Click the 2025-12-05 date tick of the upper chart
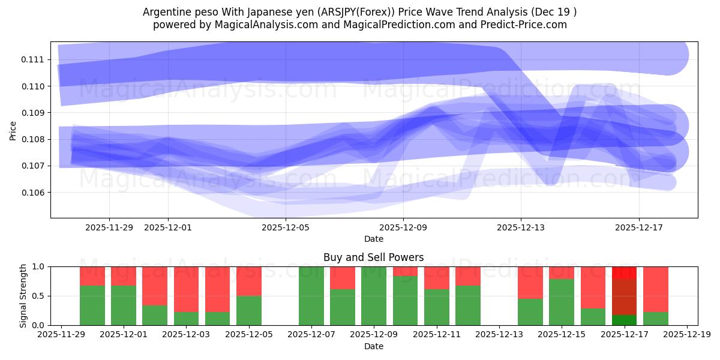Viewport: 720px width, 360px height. [286, 227]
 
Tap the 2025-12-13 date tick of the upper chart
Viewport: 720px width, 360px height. [521, 227]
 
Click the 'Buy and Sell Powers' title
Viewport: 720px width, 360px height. [373, 257]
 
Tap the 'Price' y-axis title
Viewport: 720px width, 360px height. [13, 130]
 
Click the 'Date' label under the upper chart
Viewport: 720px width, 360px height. [373, 239]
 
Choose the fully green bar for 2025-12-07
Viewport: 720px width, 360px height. [311, 296]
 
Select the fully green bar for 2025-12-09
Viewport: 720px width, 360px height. [374, 296]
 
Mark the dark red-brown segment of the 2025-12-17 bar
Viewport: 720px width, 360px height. [624, 296]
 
